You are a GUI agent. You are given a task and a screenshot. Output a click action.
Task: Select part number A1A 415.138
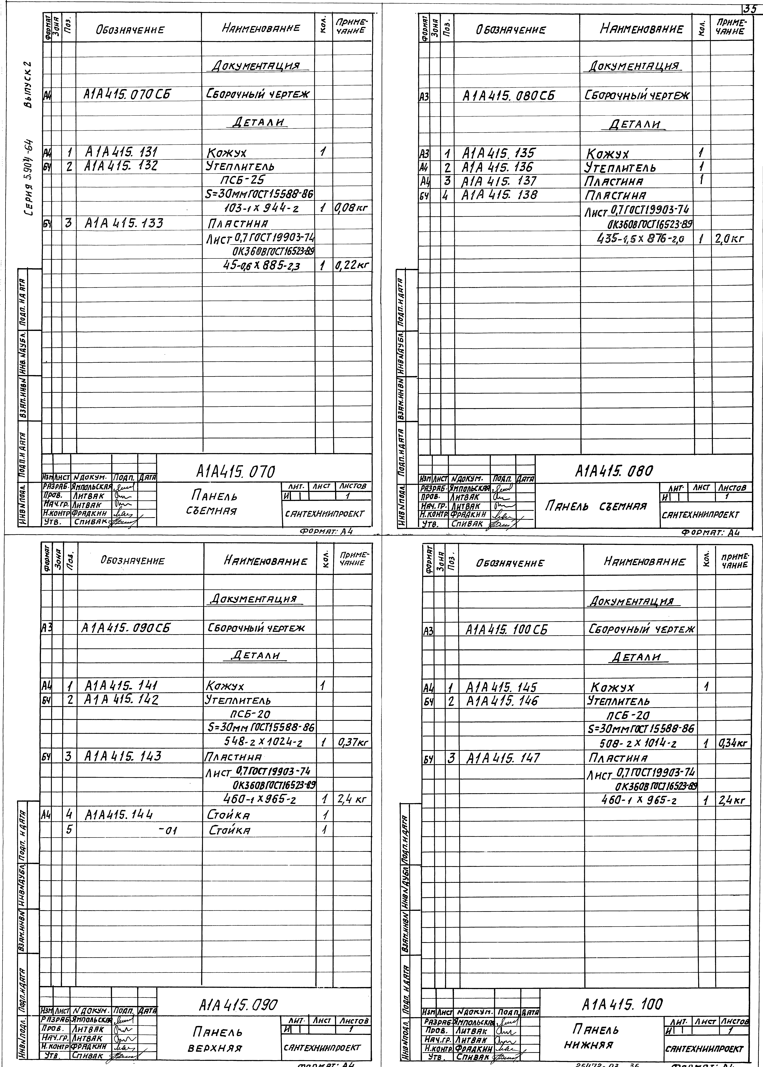[499, 195]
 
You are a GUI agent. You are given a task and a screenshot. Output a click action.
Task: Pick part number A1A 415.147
[503, 758]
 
